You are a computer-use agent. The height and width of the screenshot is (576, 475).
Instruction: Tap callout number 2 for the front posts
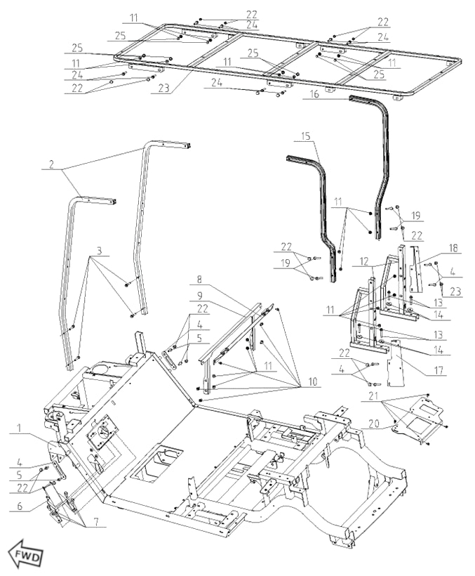[52, 167]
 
